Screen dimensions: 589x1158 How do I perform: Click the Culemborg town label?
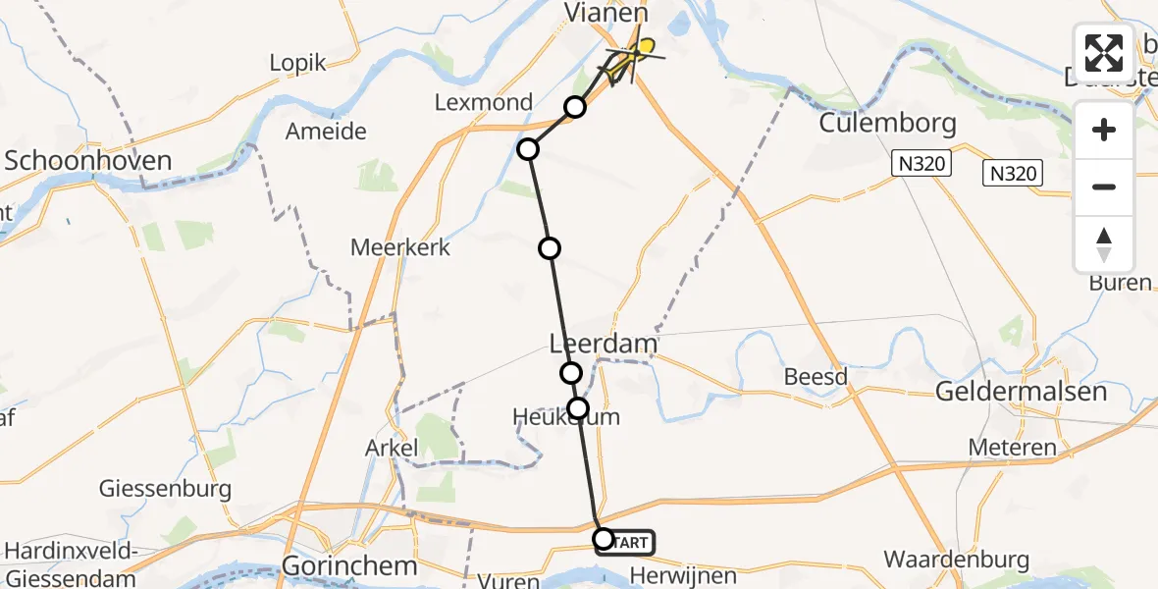(x=887, y=126)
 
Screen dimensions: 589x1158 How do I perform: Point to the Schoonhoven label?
(x=87, y=161)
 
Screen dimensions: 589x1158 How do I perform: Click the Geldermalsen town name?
(x=1021, y=391)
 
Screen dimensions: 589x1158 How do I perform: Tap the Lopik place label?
(x=297, y=63)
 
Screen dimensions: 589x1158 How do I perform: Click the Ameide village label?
(x=325, y=132)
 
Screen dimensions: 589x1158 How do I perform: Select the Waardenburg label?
(x=957, y=560)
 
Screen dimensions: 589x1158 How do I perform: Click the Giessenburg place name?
(x=165, y=488)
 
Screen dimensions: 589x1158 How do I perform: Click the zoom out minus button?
(x=1104, y=187)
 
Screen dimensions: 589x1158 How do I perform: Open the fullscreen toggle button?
(x=1104, y=53)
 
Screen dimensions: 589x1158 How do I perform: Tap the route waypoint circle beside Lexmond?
(x=575, y=107)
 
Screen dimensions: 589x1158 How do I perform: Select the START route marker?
(x=625, y=541)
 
